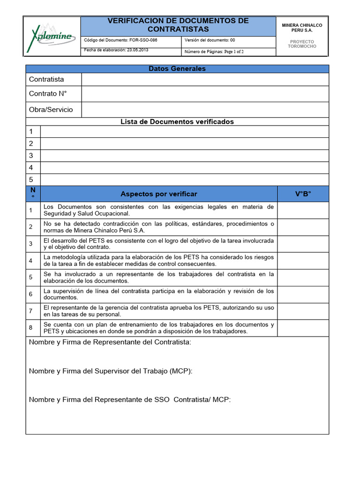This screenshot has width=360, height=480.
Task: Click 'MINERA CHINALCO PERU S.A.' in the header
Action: pos(302,28)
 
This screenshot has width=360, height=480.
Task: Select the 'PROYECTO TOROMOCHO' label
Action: pos(302,44)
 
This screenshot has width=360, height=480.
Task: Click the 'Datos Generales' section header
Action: pos(177,69)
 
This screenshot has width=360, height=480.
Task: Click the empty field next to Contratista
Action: pos(205,80)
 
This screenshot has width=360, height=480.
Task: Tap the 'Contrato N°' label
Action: pos(48,94)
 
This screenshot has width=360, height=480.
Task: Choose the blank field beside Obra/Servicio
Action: pos(205,110)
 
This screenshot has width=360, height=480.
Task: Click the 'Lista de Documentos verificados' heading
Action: pos(177,122)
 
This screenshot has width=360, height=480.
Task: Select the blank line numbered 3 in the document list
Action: pos(184,156)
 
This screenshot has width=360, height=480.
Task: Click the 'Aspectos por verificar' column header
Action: pos(159,194)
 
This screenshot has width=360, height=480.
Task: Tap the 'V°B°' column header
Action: pos(303,194)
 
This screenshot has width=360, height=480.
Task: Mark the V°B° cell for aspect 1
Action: pos(303,210)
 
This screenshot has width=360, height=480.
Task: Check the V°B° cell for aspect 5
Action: pos(303,277)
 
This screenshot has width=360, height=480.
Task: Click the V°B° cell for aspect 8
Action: pos(303,328)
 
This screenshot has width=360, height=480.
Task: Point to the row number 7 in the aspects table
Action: pos(30,311)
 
